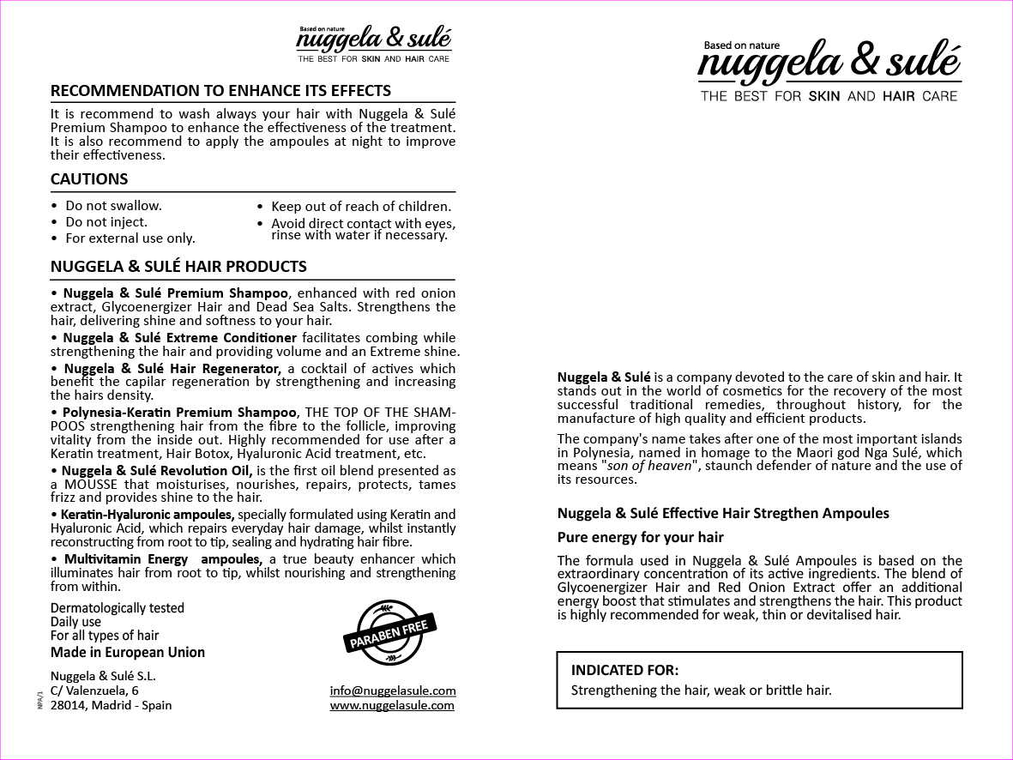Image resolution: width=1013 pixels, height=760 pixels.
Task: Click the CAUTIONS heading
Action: (x=89, y=179)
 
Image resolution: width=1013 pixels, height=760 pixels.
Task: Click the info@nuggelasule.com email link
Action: (x=393, y=691)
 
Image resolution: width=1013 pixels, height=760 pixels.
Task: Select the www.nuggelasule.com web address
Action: (x=392, y=705)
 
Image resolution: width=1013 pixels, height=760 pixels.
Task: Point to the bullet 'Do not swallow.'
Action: (x=113, y=206)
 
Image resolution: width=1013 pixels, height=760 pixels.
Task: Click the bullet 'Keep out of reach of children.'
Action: (x=360, y=207)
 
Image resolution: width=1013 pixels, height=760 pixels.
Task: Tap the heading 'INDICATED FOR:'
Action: (x=624, y=670)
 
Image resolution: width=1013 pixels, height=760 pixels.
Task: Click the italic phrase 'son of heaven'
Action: (x=648, y=466)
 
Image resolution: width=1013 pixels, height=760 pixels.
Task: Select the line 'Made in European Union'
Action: (x=128, y=652)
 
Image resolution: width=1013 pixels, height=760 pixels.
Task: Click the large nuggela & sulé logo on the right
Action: (x=829, y=71)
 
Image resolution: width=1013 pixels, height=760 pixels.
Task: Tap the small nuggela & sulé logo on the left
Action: (x=374, y=44)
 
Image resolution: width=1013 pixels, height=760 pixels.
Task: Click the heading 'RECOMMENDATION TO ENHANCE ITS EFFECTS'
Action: (x=220, y=91)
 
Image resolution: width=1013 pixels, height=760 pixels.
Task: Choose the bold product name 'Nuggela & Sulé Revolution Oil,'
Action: (x=157, y=470)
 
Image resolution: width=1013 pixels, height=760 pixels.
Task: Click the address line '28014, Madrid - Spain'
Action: (x=111, y=705)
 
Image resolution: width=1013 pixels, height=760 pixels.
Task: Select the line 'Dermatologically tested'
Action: (x=118, y=608)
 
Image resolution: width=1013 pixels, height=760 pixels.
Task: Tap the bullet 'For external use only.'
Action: (x=130, y=238)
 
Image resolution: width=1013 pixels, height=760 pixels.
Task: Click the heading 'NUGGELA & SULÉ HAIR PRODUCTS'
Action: (x=178, y=267)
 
